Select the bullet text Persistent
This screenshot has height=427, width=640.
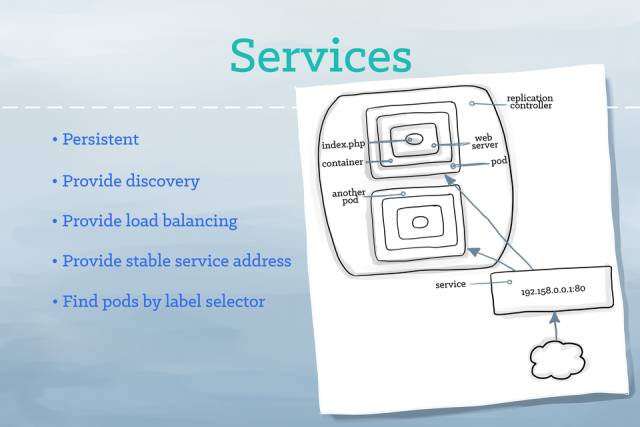tap(100, 139)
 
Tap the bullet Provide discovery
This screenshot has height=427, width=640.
tap(130, 181)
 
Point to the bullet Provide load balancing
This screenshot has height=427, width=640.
tap(150, 221)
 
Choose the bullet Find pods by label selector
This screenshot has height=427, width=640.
tap(163, 301)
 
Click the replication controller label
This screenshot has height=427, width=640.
tap(529, 102)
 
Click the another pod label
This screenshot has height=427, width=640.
tap(346, 196)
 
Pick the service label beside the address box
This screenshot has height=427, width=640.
tap(452, 285)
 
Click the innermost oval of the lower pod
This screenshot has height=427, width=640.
tap(419, 221)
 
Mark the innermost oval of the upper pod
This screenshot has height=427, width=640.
tap(413, 139)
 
